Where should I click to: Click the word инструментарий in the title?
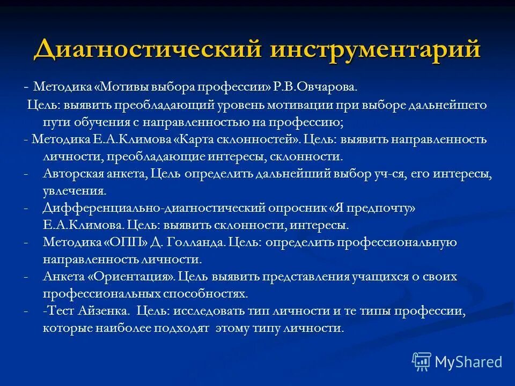[376, 49]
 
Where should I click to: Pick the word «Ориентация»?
[131, 277]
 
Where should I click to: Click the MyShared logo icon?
[422, 362]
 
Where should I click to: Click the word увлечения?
[74, 191]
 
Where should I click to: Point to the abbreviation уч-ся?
[389, 174]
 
